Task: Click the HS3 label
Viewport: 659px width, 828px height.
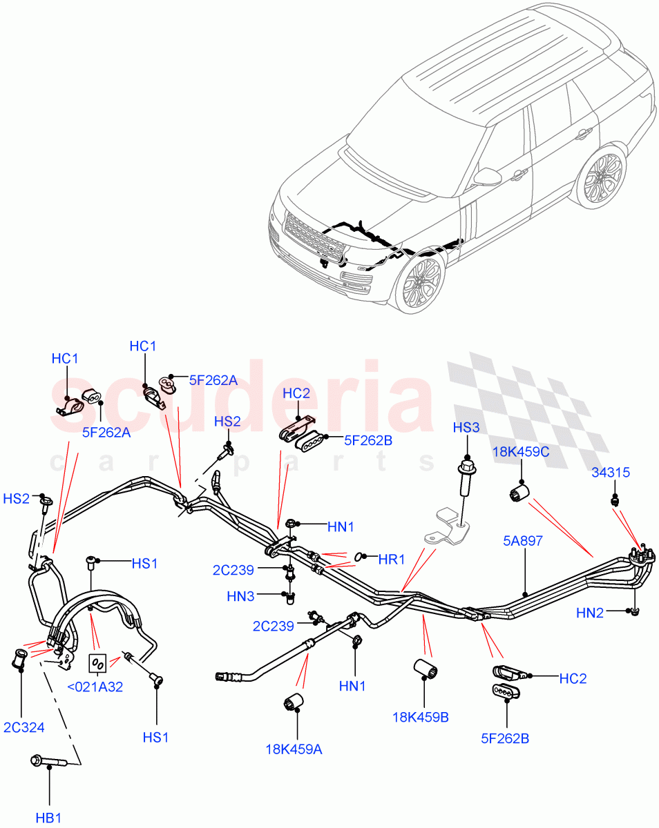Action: [x=466, y=428]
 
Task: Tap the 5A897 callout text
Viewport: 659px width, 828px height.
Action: [x=523, y=541]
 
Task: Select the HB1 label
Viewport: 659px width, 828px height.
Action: [x=49, y=818]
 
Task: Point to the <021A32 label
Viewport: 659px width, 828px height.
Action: [x=95, y=687]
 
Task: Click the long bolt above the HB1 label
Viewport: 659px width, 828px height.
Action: [x=46, y=762]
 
